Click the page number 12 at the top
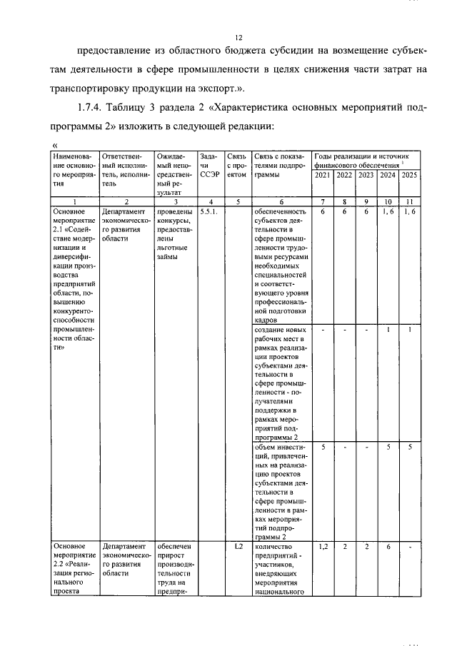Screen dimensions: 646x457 click(239, 37)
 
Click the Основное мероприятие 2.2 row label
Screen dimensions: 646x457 click(73, 568)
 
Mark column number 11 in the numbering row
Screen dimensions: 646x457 click(410, 202)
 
